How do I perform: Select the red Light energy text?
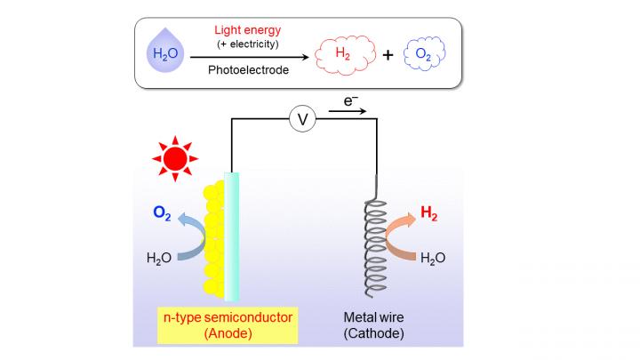tap(247, 30)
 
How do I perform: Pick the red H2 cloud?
tap(341, 55)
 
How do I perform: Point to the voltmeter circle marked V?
tap(303, 118)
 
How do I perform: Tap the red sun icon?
tap(174, 158)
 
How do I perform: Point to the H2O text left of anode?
tap(159, 259)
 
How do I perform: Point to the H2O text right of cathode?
tap(432, 259)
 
